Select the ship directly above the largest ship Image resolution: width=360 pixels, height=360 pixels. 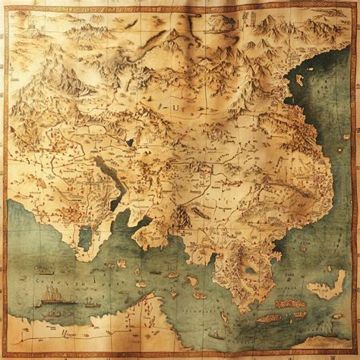(x=45, y=271)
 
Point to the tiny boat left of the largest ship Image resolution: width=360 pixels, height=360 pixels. (x=36, y=305)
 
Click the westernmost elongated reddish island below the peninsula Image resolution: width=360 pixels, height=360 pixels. (x=267, y=318)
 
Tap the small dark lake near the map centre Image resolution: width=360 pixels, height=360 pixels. (x=130, y=141)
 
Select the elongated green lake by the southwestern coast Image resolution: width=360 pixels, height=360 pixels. (x=84, y=237)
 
